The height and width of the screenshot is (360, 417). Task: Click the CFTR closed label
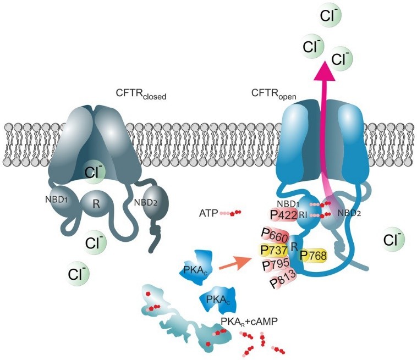(141, 94)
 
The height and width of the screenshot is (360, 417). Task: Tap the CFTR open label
(273, 94)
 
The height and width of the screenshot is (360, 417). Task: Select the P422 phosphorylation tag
(283, 215)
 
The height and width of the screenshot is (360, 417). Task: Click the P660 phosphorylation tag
(275, 235)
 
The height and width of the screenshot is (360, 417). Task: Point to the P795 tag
(276, 264)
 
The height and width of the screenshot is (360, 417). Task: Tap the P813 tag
(283, 279)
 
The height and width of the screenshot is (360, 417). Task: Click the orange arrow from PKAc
(235, 264)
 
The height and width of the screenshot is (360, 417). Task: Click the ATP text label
(209, 213)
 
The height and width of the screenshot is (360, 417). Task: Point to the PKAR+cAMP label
(249, 322)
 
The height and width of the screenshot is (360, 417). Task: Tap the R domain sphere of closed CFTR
(96, 204)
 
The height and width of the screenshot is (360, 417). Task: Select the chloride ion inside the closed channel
(94, 173)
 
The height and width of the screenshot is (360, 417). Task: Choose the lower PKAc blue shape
(218, 300)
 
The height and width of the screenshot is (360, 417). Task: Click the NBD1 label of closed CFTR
(56, 200)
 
